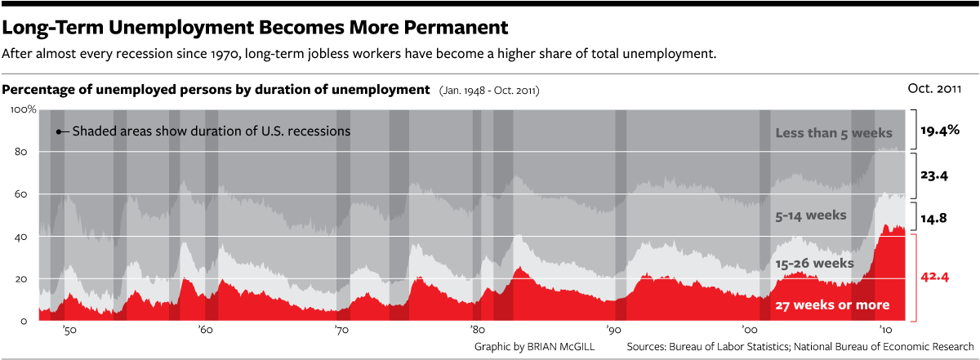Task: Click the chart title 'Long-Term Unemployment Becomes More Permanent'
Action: pos(256,28)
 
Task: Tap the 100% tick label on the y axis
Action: pos(22,109)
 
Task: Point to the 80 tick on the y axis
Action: pos(22,152)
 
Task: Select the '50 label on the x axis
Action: pos(70,331)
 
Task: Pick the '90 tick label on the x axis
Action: pos(612,331)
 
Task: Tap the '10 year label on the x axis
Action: pos(884,331)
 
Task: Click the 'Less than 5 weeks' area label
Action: pos(834,132)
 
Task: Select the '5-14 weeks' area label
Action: pos(810,216)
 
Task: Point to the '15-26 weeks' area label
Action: pos(813,264)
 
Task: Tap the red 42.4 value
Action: pos(935,277)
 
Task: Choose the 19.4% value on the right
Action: pos(939,130)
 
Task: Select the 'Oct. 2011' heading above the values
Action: pos(934,88)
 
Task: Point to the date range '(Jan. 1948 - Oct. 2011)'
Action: pos(489,90)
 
